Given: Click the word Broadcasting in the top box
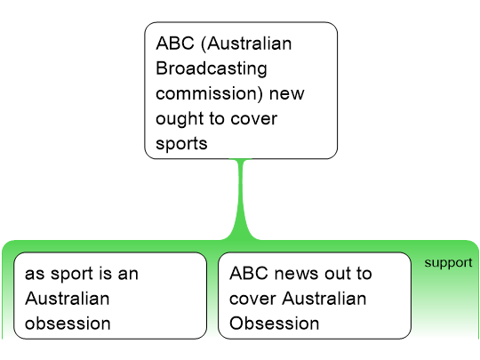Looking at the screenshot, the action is [x=212, y=68].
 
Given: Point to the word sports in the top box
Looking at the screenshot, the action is [x=181, y=144].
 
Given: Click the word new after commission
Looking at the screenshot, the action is [x=287, y=93].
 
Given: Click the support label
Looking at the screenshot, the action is [x=448, y=262].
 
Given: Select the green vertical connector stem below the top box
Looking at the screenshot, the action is [x=241, y=199].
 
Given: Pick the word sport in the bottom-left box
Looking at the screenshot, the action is [x=73, y=274].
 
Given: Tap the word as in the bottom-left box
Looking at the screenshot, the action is [x=36, y=274].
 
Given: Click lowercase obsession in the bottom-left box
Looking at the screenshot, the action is [x=68, y=324].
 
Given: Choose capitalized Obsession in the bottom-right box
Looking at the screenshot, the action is [x=275, y=324].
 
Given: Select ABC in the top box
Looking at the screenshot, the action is [x=175, y=44].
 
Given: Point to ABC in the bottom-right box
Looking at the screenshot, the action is [x=249, y=273].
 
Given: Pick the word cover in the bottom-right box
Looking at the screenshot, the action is [x=252, y=299].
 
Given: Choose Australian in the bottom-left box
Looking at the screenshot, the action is [x=68, y=299].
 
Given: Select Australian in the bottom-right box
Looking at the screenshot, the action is [x=324, y=299].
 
